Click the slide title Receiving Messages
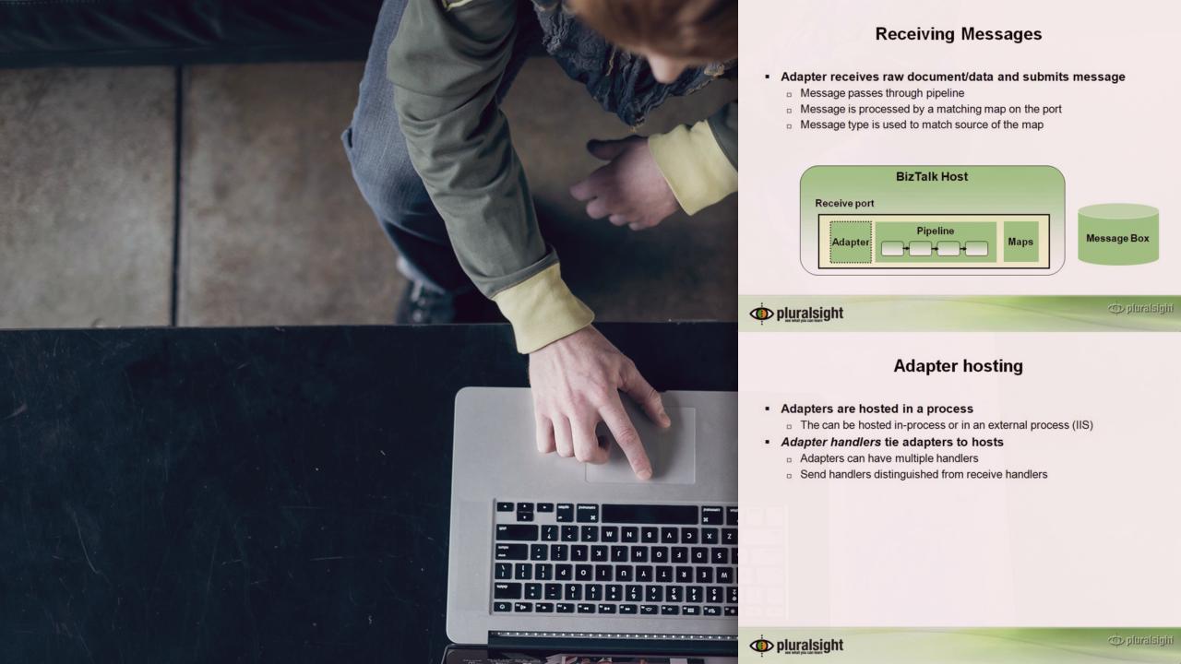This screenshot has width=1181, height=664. point(958,34)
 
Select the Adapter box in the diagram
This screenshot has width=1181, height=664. point(851,242)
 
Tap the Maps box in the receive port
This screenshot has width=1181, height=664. point(1020,242)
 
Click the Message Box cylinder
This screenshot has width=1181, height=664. point(1117,234)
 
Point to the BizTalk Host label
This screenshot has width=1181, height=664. point(932,176)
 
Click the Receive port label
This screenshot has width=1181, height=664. point(844,204)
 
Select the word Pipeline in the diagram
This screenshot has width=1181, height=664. point(935,231)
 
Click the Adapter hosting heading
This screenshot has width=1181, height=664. point(958,366)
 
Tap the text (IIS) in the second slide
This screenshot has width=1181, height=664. point(1082,425)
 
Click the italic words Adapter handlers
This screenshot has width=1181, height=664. point(830,442)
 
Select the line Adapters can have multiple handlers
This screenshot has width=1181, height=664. point(889,458)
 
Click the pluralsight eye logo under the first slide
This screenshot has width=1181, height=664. point(761,314)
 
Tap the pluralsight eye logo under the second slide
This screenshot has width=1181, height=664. point(761,646)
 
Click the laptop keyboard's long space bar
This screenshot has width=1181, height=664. point(650,514)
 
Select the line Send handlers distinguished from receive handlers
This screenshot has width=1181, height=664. point(924,474)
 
